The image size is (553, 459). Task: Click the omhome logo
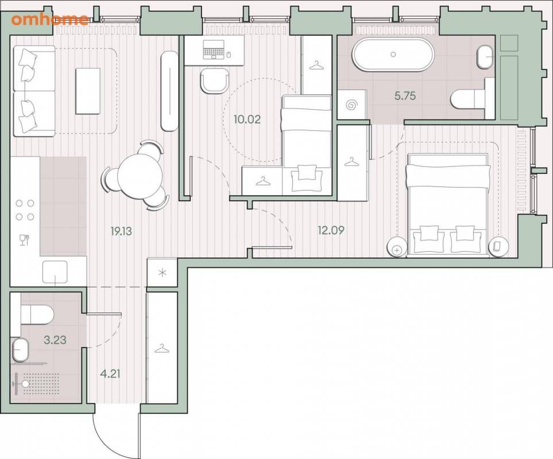pyautogui.click(x=50, y=20)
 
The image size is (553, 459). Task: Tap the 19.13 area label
pyautogui.click(x=121, y=231)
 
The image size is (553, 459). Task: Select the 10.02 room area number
pyautogui.click(x=248, y=119)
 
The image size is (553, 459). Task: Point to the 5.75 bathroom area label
pyautogui.click(x=405, y=95)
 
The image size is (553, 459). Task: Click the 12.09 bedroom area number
pyautogui.click(x=331, y=231)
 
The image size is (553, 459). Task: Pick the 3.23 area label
pyautogui.click(x=55, y=340)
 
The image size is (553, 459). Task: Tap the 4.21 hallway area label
pyautogui.click(x=110, y=374)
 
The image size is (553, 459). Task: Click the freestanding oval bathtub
pyautogui.click(x=393, y=55)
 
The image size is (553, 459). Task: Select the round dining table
pyautogui.click(x=140, y=177)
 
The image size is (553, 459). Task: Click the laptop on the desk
pyautogui.click(x=214, y=49)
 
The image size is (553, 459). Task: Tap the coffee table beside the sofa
pyautogui.click(x=88, y=91)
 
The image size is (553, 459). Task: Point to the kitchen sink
pyautogui.click(x=55, y=272)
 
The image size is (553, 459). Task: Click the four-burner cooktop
pyautogui.click(x=25, y=211)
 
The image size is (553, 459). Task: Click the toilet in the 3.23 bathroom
pyautogui.click(x=37, y=314)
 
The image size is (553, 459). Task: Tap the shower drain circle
pyautogui.click(x=26, y=384)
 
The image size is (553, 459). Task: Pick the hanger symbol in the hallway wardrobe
pyautogui.click(x=162, y=348)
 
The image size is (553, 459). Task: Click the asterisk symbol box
pyautogui.click(x=163, y=273)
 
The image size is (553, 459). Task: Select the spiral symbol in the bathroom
pyautogui.click(x=351, y=105)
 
